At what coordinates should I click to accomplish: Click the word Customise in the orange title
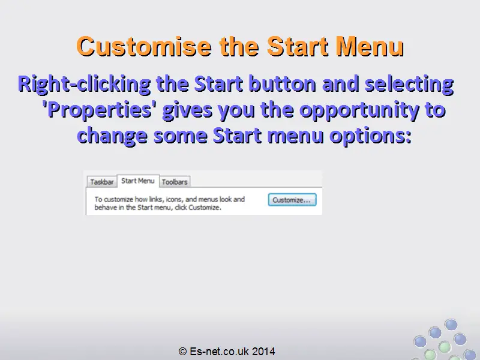(x=144, y=46)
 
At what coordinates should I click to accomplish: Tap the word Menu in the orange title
(x=370, y=46)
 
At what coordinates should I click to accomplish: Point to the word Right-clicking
(x=84, y=84)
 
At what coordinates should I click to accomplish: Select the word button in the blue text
(x=282, y=83)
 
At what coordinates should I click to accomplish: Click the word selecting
(x=409, y=84)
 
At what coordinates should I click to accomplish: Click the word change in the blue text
(x=112, y=136)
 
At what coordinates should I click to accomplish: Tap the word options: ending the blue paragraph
(x=370, y=136)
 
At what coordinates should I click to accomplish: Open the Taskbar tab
(x=102, y=182)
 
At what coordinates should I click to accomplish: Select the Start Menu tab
(x=138, y=181)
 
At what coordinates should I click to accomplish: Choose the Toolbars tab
(x=175, y=182)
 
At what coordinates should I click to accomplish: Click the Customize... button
(x=292, y=200)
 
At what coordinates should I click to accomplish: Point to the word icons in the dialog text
(x=175, y=200)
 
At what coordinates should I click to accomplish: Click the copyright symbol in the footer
(x=182, y=352)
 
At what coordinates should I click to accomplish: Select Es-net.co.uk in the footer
(x=219, y=351)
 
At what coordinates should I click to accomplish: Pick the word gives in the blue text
(x=187, y=110)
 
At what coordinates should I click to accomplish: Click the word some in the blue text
(x=181, y=136)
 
